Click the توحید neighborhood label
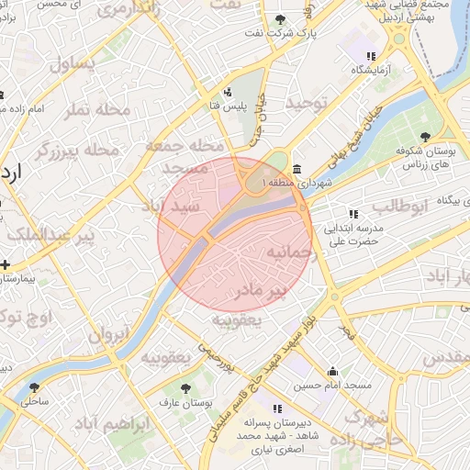[306, 103]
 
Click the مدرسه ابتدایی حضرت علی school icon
[353, 214]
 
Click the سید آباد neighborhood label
[162, 207]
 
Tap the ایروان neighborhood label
[105, 335]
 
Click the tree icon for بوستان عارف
[187, 388]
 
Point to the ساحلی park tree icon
[35, 387]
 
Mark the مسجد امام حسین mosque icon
[332, 372]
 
